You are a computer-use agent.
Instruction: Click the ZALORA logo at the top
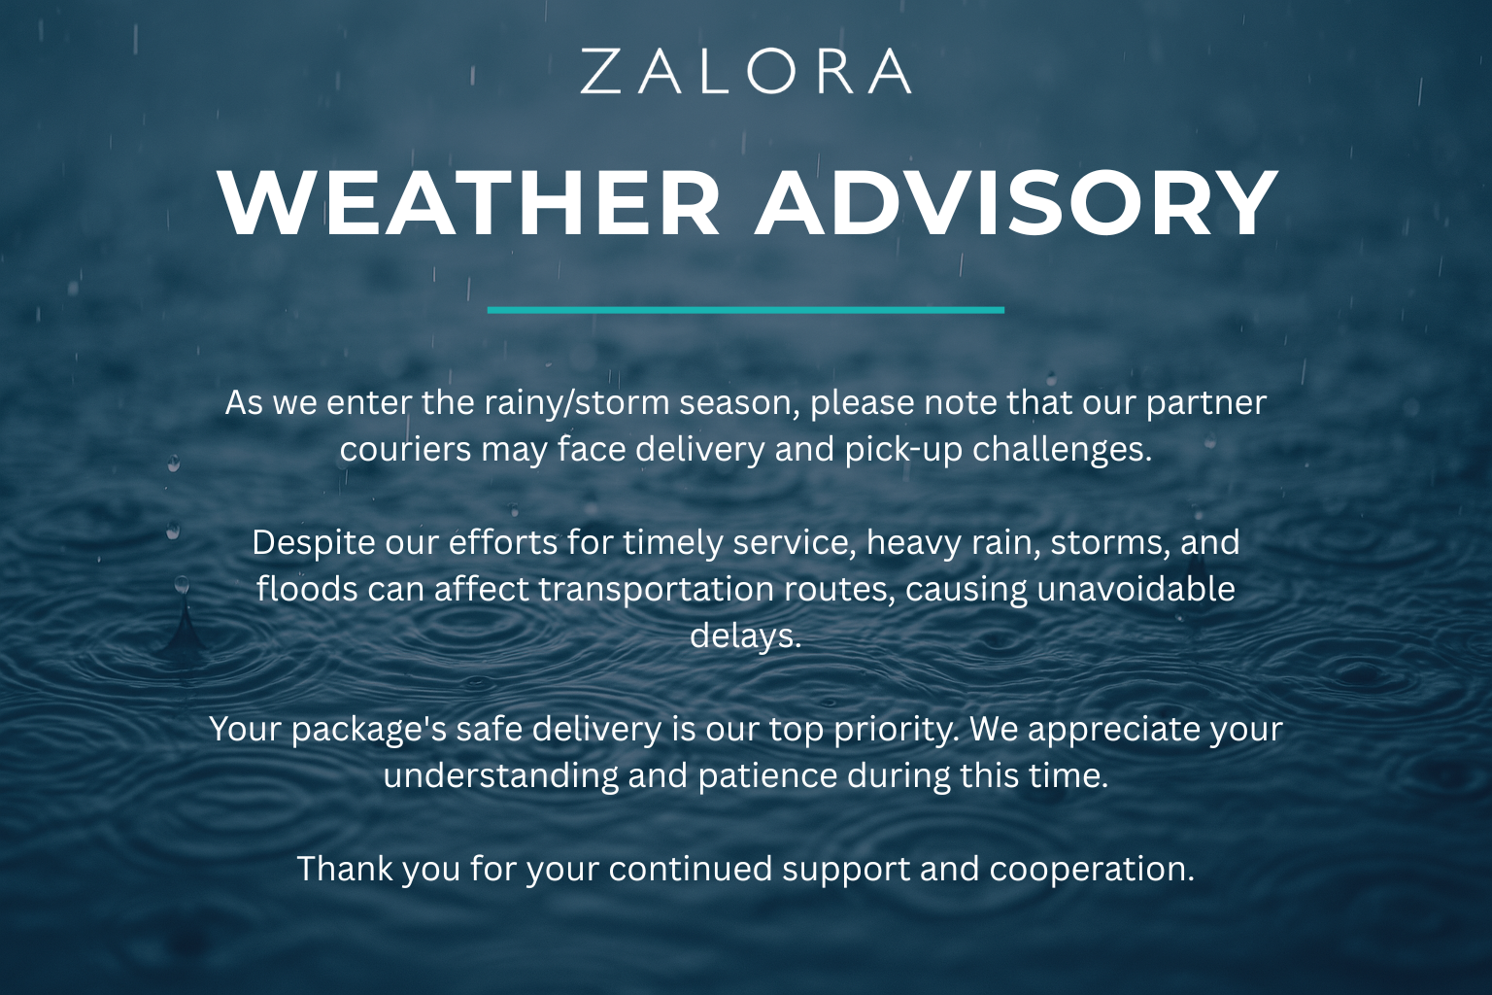pos(745,71)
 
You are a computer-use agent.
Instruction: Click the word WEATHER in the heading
pos(469,203)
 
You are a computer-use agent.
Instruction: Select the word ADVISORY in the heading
pos(1015,203)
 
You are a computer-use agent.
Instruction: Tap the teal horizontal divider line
pos(745,310)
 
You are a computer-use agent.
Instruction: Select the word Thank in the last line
pos(345,869)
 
